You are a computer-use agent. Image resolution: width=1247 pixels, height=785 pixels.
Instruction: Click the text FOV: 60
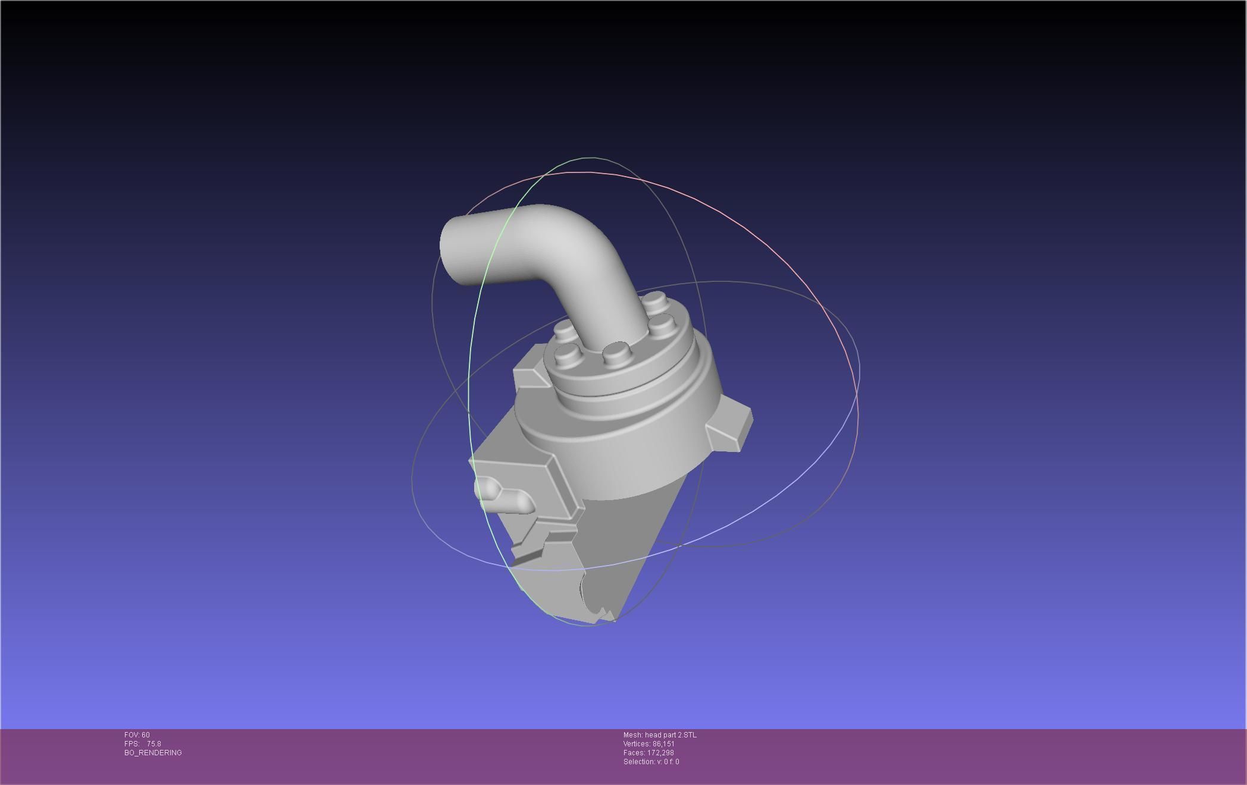pos(137,735)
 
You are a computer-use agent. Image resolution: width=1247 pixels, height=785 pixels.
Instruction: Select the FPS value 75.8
pos(153,744)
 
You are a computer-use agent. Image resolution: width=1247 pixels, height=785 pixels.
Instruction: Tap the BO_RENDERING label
pos(153,753)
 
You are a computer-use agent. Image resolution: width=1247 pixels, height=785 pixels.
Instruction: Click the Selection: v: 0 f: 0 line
pos(651,762)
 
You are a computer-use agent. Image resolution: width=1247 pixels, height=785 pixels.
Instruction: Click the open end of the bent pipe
pos(448,253)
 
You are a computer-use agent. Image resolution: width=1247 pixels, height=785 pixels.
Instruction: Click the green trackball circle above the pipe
pos(589,158)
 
